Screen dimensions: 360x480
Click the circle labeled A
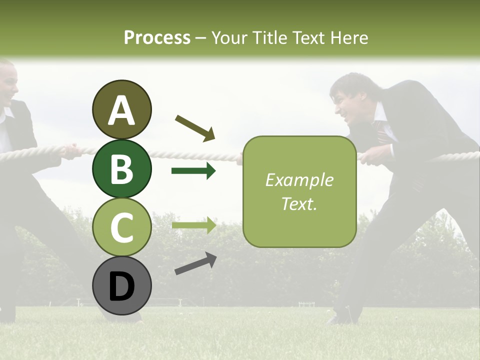pos(121,110)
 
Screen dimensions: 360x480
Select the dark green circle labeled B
pos(121,168)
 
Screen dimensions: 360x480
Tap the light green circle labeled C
pos(121,227)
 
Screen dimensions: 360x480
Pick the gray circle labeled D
pos(121,286)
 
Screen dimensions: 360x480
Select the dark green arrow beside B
pos(193,171)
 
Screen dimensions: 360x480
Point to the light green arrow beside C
pos(193,225)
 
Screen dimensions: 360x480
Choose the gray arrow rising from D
pos(195,263)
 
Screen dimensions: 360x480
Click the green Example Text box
pos(299,192)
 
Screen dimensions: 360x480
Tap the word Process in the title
pos(157,37)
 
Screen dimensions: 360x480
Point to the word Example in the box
pos(299,180)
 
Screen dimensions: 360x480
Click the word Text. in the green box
pos(299,204)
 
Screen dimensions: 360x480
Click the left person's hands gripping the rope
pos(72,150)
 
